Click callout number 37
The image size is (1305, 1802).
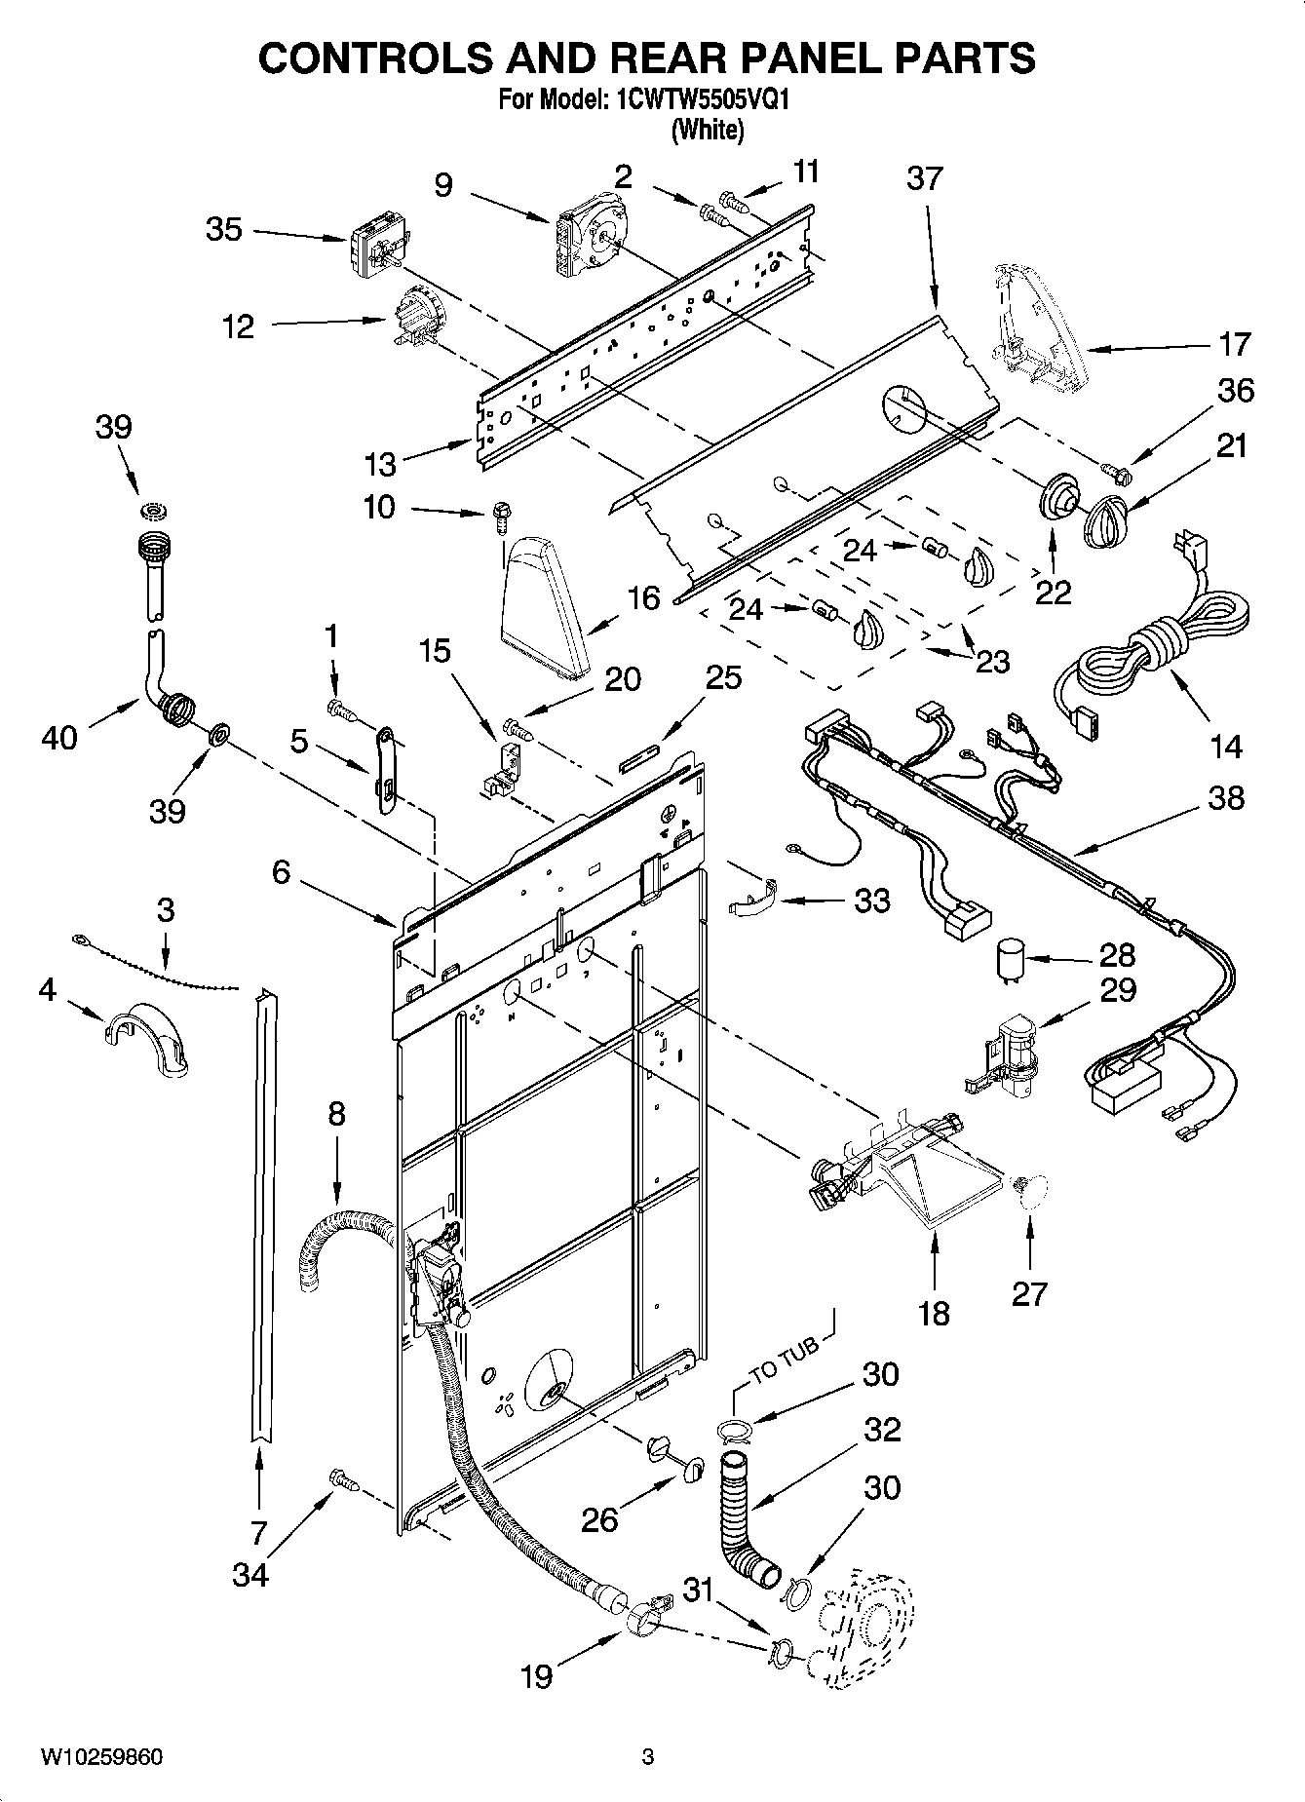click(x=925, y=178)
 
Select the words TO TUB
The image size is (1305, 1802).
click(x=786, y=1361)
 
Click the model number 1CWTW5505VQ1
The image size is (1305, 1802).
click(x=693, y=99)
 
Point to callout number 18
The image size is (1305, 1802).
click(x=934, y=1313)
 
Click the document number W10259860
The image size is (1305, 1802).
click(x=101, y=1757)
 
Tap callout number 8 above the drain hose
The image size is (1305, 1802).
click(x=336, y=1112)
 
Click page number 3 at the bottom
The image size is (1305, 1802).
click(x=647, y=1757)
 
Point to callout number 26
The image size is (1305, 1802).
click(x=599, y=1519)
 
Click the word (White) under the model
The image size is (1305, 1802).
click(x=708, y=130)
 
